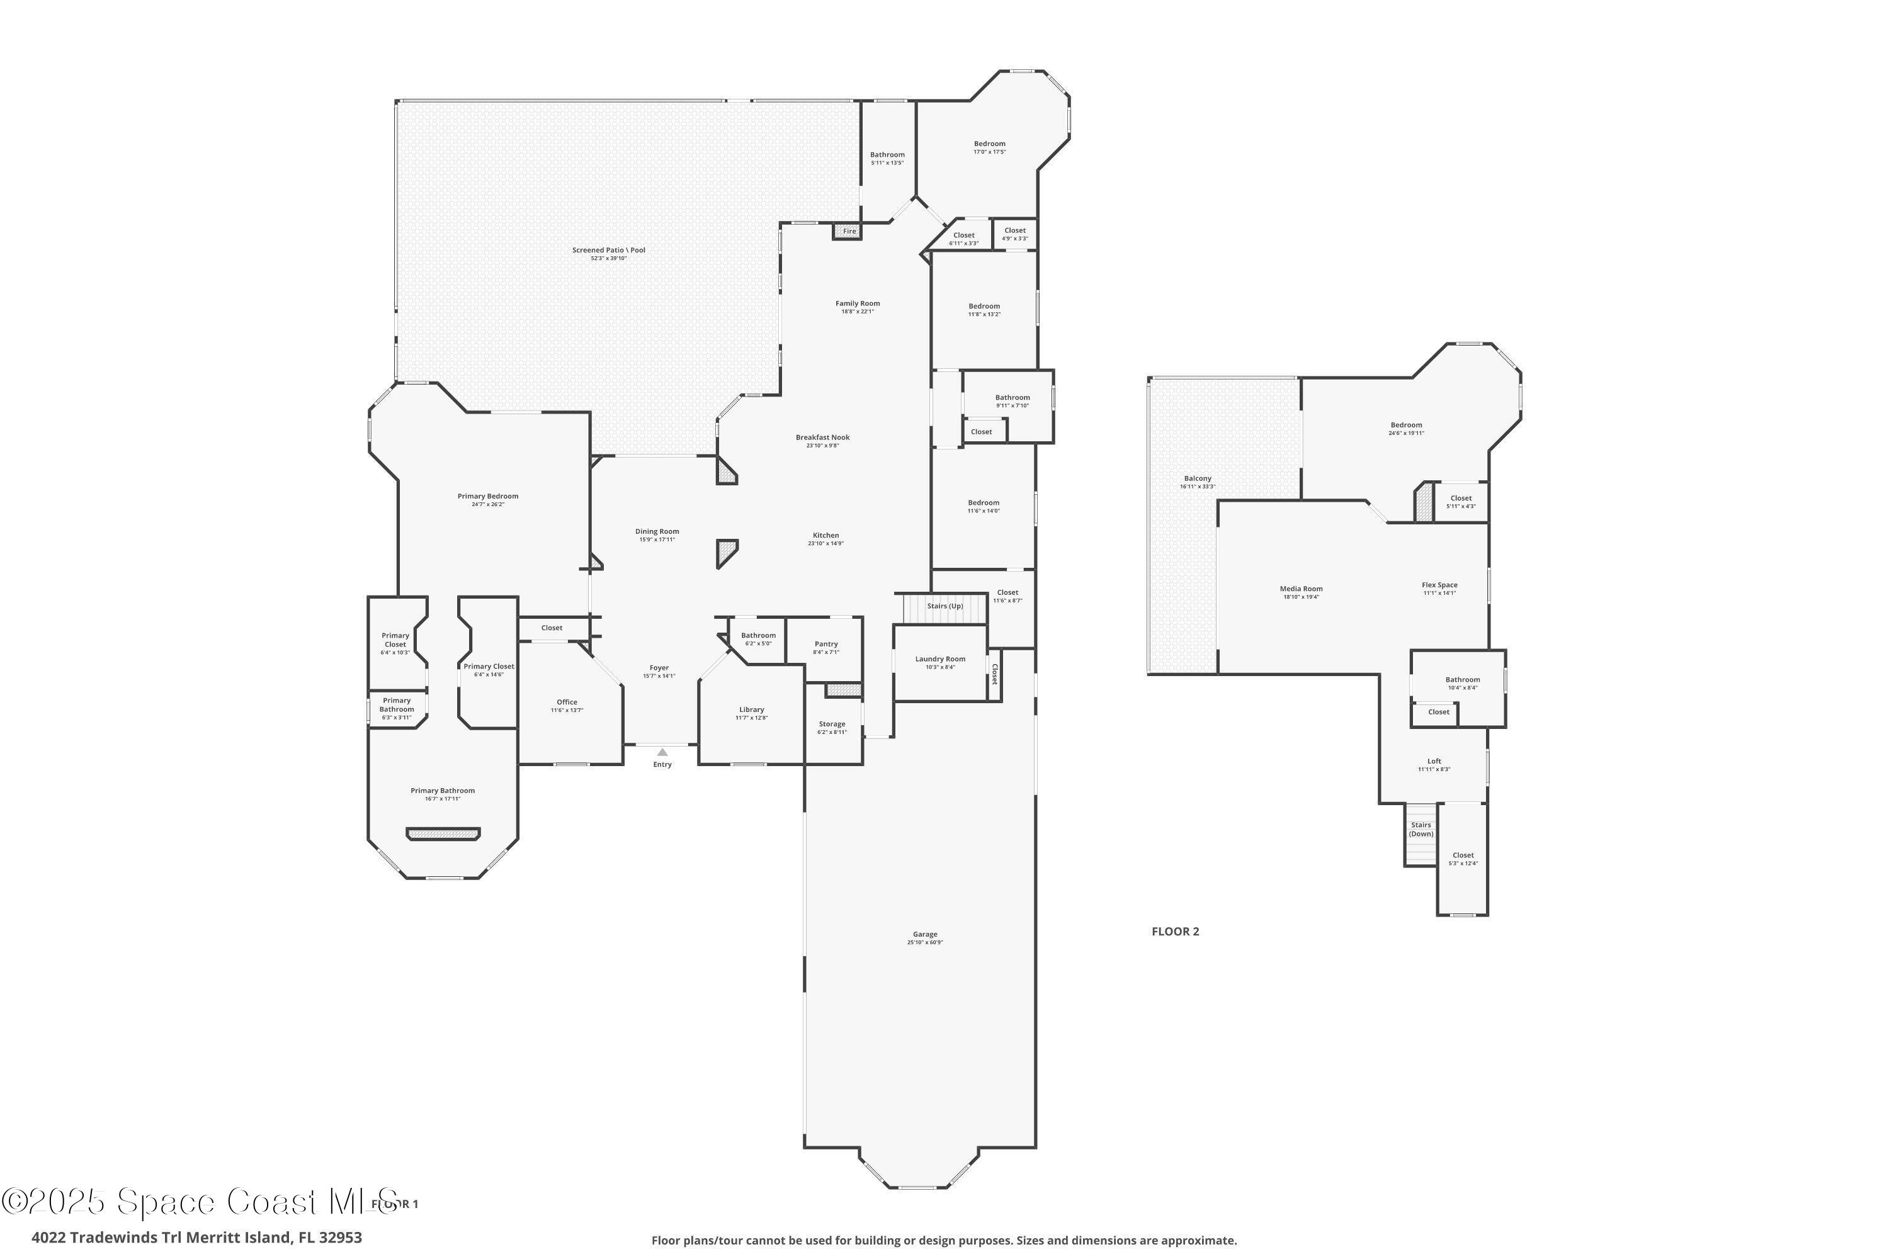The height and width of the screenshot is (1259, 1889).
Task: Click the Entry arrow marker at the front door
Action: [662, 752]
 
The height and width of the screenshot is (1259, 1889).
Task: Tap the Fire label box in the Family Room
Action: [848, 231]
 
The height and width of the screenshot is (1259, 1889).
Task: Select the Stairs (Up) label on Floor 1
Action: [945, 606]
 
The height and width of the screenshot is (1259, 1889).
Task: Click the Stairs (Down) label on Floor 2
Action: [1421, 830]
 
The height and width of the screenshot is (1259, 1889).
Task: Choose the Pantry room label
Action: [825, 644]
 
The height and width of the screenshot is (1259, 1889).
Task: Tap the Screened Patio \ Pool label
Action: [608, 250]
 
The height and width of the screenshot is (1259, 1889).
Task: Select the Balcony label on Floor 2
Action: [1198, 478]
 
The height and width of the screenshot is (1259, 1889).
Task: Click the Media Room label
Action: [1301, 589]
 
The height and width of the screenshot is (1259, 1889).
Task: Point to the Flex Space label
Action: [1439, 585]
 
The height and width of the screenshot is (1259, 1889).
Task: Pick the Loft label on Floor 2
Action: [1434, 761]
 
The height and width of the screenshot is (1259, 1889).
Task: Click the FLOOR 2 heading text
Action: [1175, 932]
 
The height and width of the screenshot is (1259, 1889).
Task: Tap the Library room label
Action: [751, 710]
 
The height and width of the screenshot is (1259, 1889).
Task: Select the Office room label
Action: [567, 703]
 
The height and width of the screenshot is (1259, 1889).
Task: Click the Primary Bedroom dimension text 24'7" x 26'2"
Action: [489, 505]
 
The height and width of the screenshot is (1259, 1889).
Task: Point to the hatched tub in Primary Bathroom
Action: [443, 834]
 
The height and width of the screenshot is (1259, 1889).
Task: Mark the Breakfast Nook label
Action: [822, 438]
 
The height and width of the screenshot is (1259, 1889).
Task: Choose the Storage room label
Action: [832, 725]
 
